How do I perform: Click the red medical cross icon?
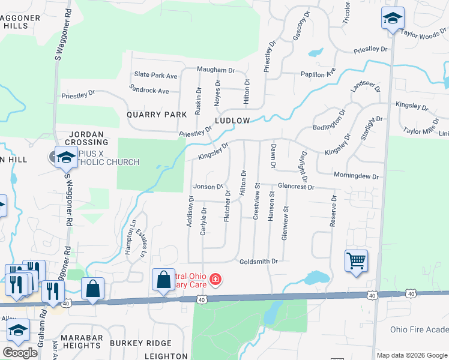tap(215, 280)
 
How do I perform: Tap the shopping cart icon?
tap(356, 260)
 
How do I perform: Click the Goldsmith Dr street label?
tap(259, 262)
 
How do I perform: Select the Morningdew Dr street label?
tap(357, 177)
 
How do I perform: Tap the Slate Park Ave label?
tap(156, 75)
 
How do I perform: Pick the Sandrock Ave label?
tap(149, 90)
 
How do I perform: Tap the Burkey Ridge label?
tap(140, 343)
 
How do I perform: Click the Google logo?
tap(20, 353)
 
